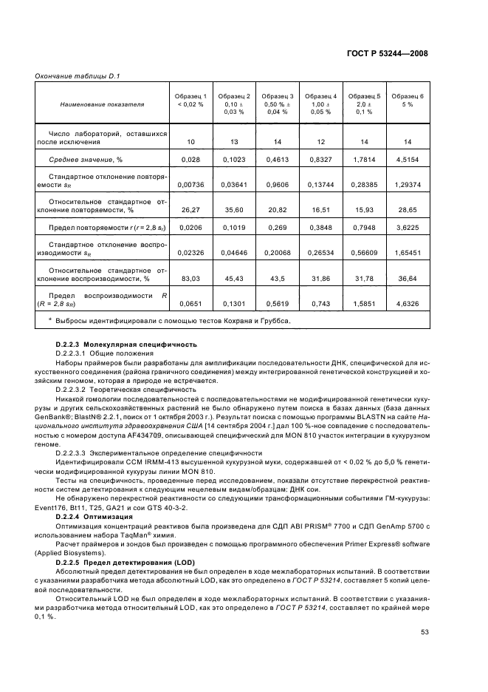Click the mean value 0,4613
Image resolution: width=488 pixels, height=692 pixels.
[x=278, y=159]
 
